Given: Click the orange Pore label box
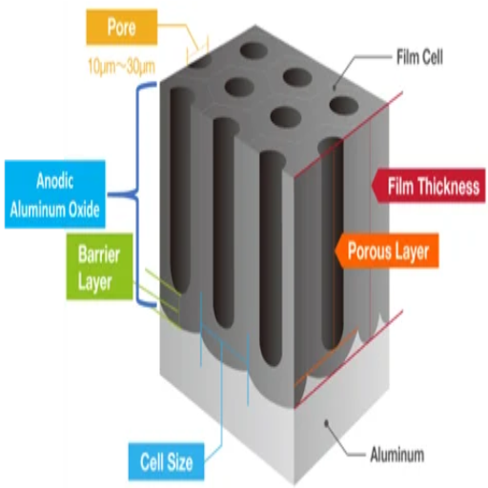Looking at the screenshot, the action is click(x=122, y=27).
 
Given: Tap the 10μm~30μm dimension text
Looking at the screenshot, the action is click(x=121, y=67).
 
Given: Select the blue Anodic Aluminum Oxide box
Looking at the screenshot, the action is click(x=55, y=194).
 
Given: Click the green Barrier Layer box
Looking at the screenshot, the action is click(x=99, y=267).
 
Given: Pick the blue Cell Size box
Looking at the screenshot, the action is click(x=166, y=461).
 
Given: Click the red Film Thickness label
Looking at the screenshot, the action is click(x=429, y=186).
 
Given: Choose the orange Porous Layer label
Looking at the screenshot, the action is click(x=387, y=251).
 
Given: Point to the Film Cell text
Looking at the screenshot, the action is click(x=419, y=57).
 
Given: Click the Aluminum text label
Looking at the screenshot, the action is click(x=397, y=455).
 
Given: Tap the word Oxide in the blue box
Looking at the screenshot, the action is click(x=85, y=209).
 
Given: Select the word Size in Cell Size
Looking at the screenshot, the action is click(x=179, y=462).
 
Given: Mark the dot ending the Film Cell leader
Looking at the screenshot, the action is click(x=334, y=88).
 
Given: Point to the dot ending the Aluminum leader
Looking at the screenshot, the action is click(x=326, y=423).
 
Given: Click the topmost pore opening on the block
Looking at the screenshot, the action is click(x=254, y=51).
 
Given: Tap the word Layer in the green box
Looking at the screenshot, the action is click(x=95, y=282).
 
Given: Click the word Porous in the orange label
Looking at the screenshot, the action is click(x=369, y=251).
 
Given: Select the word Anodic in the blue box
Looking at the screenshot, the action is click(x=55, y=181).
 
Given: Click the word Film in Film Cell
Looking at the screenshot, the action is click(x=407, y=57).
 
